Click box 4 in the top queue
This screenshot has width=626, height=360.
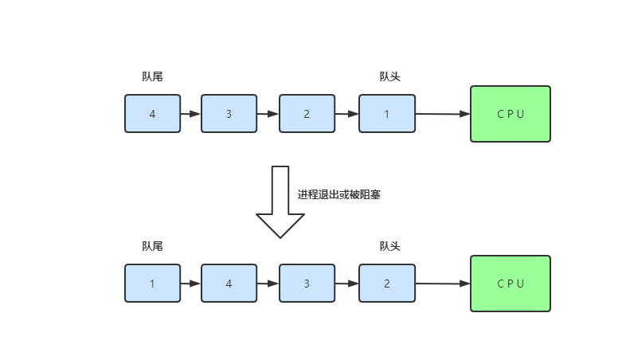coord(152,114)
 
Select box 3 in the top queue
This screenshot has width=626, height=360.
coord(229,114)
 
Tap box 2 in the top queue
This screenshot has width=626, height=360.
coord(307,114)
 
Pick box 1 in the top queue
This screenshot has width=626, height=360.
coord(386,114)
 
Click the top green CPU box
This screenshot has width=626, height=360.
coord(510,114)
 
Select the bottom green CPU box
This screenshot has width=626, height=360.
coord(510,284)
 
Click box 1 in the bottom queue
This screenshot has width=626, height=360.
coord(152,284)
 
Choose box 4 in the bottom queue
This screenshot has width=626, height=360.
coord(229,284)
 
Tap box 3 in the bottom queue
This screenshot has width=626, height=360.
coord(307,284)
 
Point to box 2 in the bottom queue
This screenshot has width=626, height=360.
coord(386,284)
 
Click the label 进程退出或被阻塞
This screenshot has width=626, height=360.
coord(339,194)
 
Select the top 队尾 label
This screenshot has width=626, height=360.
coord(152,76)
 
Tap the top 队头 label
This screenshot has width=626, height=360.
coord(389,76)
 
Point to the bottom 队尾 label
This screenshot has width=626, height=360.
coord(152,246)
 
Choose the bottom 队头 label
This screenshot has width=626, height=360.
coord(389,246)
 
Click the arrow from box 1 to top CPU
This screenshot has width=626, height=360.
coord(443,114)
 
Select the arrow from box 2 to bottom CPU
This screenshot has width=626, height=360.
coord(443,284)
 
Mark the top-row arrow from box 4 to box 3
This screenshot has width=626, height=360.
coord(190,114)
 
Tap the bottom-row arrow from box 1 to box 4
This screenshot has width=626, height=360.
coord(190,284)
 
